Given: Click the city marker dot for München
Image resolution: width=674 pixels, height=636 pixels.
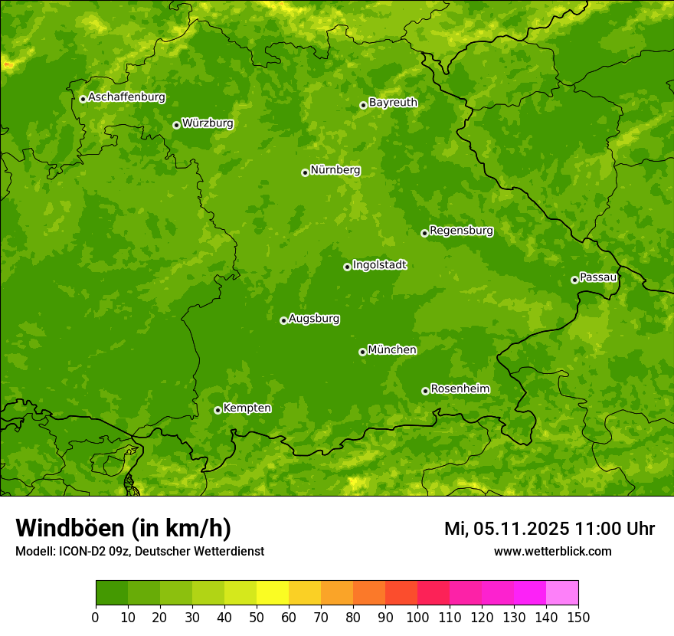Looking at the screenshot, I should tap(362, 352).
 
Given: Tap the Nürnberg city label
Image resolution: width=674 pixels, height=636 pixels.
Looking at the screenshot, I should tap(335, 170).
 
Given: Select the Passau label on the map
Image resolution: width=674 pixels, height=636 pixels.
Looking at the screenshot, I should tap(597, 277).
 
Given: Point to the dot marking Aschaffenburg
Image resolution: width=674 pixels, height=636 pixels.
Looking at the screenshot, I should tap(83, 99).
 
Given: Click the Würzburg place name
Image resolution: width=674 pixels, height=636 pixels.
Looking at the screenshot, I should tap(208, 123).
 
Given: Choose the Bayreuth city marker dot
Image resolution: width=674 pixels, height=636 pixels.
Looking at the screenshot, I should tap(363, 105).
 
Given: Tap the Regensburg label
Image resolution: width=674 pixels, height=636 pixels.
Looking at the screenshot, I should tap(461, 230).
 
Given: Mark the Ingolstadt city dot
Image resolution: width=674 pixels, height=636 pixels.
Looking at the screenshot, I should tap(347, 267).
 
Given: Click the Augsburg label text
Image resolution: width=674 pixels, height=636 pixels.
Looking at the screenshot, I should tap(314, 319).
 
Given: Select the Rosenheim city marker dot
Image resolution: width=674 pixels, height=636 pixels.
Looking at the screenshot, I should tap(425, 391).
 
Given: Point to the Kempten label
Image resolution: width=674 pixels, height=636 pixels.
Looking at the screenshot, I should tap(247, 408).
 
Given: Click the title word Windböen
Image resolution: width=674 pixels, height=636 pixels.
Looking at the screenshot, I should tap(70, 529).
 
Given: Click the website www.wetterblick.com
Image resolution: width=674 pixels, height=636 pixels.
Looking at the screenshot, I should tap(552, 551).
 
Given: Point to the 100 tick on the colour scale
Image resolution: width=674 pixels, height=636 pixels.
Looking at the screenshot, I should tap(417, 616).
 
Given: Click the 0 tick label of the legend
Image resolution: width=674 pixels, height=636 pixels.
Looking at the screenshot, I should tap(96, 616).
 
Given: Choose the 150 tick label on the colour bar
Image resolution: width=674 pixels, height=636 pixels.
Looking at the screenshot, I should tap(578, 616).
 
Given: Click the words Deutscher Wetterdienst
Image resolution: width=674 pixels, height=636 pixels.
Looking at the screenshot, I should tap(200, 551).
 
